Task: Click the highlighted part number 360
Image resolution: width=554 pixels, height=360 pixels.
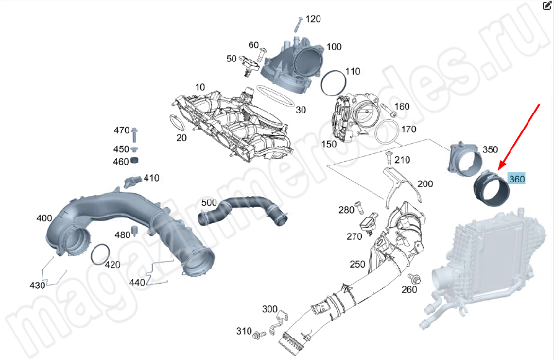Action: (516, 180)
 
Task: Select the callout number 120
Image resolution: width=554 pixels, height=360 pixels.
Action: (313, 19)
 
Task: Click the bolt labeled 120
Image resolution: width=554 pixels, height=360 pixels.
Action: (297, 24)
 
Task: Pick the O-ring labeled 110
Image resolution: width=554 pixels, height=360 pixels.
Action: (333, 82)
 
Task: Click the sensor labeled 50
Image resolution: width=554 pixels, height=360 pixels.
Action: (249, 63)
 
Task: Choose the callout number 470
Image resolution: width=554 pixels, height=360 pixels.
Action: (121, 131)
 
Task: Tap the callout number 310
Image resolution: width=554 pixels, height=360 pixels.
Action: (244, 331)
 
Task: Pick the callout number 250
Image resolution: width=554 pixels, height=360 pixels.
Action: (358, 265)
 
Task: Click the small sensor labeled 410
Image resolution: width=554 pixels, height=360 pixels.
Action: (132, 181)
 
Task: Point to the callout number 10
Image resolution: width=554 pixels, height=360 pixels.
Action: (200, 87)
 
